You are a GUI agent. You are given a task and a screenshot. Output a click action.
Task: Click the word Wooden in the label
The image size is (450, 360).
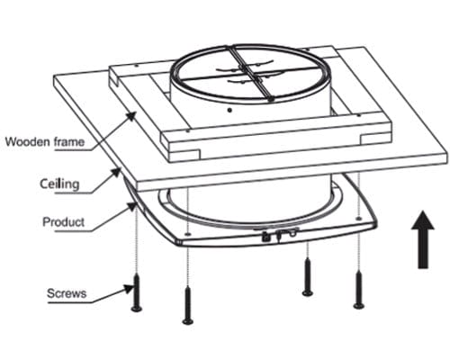[x=28, y=141]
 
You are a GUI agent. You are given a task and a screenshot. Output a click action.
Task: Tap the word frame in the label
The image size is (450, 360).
[x=69, y=141]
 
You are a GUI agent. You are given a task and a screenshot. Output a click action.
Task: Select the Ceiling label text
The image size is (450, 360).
[x=59, y=184]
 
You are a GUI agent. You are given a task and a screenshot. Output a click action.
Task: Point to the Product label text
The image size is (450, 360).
[x=64, y=222]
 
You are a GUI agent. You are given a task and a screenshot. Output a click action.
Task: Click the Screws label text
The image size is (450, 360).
[x=67, y=293]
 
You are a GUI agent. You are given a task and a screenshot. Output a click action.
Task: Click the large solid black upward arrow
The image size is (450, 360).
[x=423, y=239]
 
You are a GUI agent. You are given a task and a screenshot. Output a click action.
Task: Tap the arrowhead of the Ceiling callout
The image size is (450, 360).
[x=115, y=173]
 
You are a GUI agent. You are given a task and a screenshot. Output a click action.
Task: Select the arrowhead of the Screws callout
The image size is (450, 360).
[x=130, y=289]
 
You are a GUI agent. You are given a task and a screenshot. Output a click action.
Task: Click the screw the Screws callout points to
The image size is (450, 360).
[x=137, y=292]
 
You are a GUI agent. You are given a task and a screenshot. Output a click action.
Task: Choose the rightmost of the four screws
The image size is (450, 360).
[x=358, y=290]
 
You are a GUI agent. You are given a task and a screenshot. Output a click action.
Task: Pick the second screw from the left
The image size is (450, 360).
[x=188, y=305]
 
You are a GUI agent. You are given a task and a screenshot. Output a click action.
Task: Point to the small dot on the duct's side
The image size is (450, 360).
[x=229, y=110]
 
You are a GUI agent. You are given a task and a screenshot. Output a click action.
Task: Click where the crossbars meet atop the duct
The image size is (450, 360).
[x=249, y=72]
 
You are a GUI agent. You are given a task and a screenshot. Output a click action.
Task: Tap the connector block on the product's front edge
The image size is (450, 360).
[x=279, y=234]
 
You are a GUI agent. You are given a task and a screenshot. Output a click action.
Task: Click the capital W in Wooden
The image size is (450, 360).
[x=11, y=141]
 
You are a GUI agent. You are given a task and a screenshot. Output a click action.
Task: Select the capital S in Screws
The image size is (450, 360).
[x=51, y=293]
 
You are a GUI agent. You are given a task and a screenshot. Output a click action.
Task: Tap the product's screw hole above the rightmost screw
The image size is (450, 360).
[x=357, y=218]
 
